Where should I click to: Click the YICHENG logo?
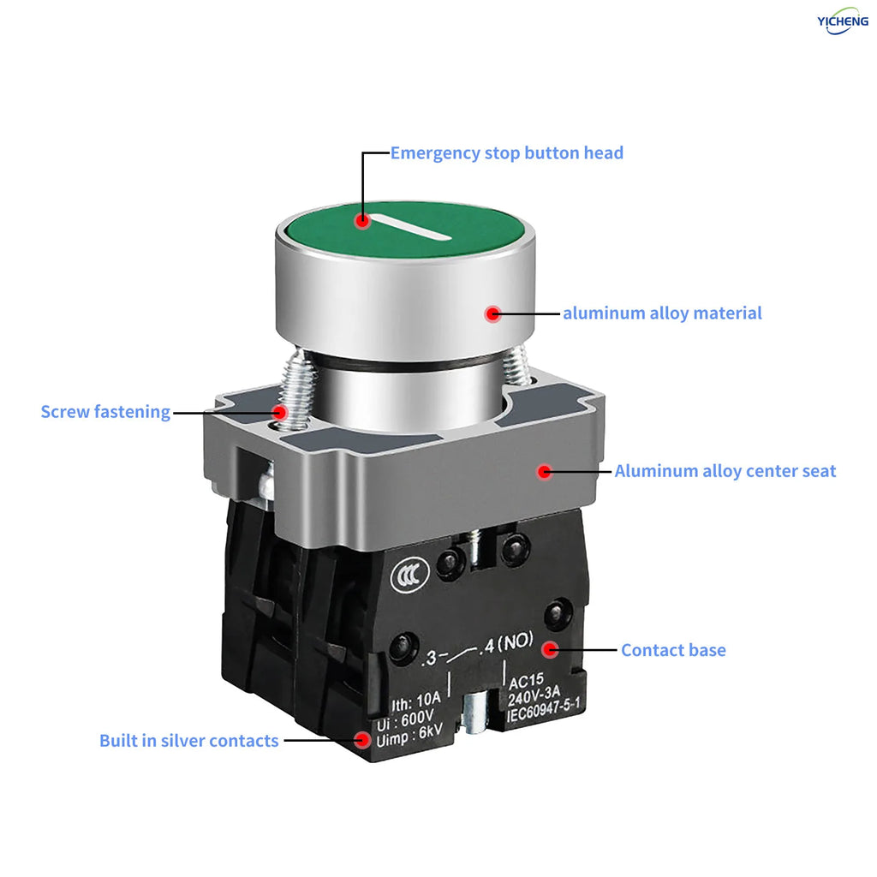click(x=843, y=21)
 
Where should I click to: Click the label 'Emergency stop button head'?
click(x=507, y=153)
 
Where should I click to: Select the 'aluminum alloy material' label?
click(x=662, y=313)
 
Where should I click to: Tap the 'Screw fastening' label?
click(x=105, y=412)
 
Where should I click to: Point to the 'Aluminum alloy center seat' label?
click(x=725, y=472)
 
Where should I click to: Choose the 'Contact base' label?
click(x=673, y=650)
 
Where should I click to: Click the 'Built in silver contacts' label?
click(x=189, y=741)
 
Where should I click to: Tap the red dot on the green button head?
click(x=362, y=220)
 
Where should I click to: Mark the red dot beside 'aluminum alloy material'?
click(x=492, y=313)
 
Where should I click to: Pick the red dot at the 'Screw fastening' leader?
click(x=280, y=413)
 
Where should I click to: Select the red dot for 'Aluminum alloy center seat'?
click(x=545, y=472)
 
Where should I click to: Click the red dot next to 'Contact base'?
click(x=551, y=650)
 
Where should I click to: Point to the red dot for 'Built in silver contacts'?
click(x=362, y=741)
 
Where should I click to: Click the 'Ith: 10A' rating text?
click(x=416, y=701)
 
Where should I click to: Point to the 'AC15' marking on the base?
click(x=526, y=681)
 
